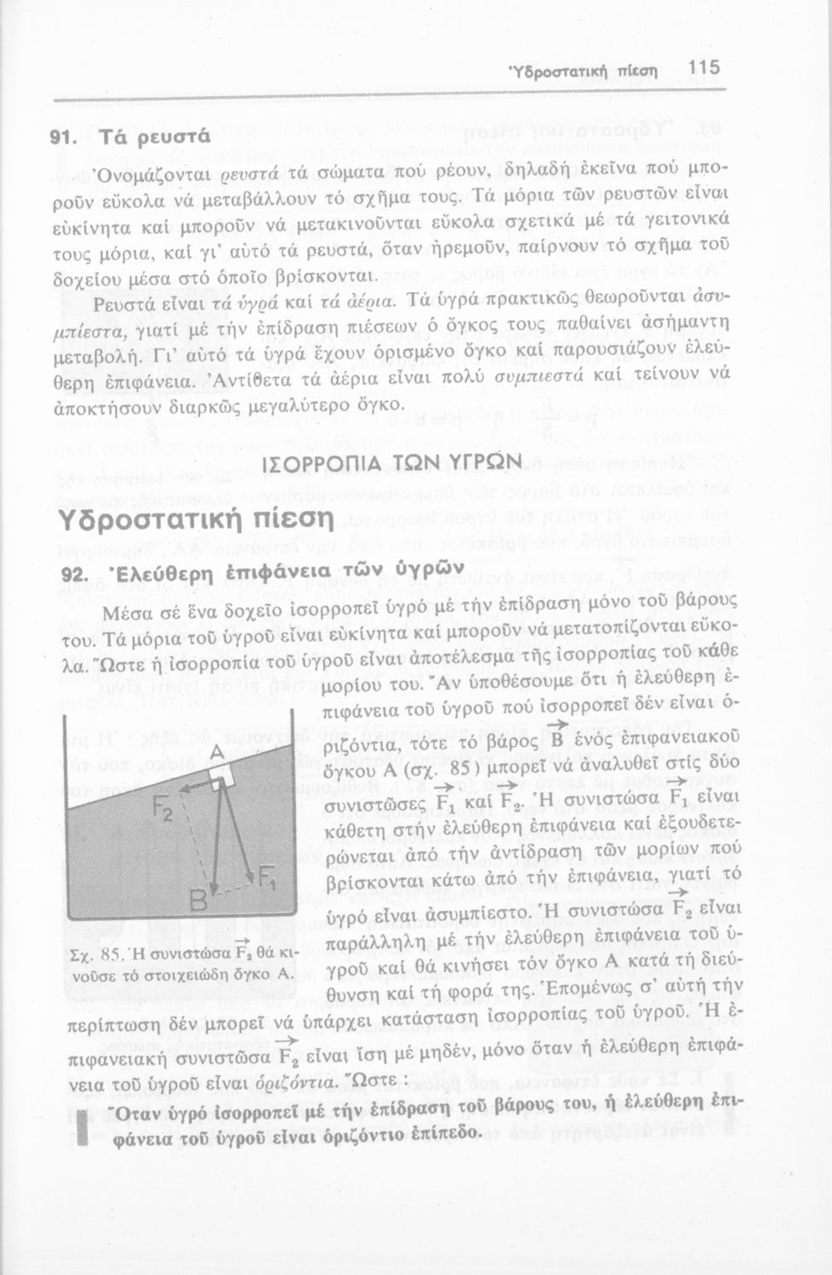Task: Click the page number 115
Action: [704, 67]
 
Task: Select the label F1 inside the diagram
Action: [266, 878]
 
